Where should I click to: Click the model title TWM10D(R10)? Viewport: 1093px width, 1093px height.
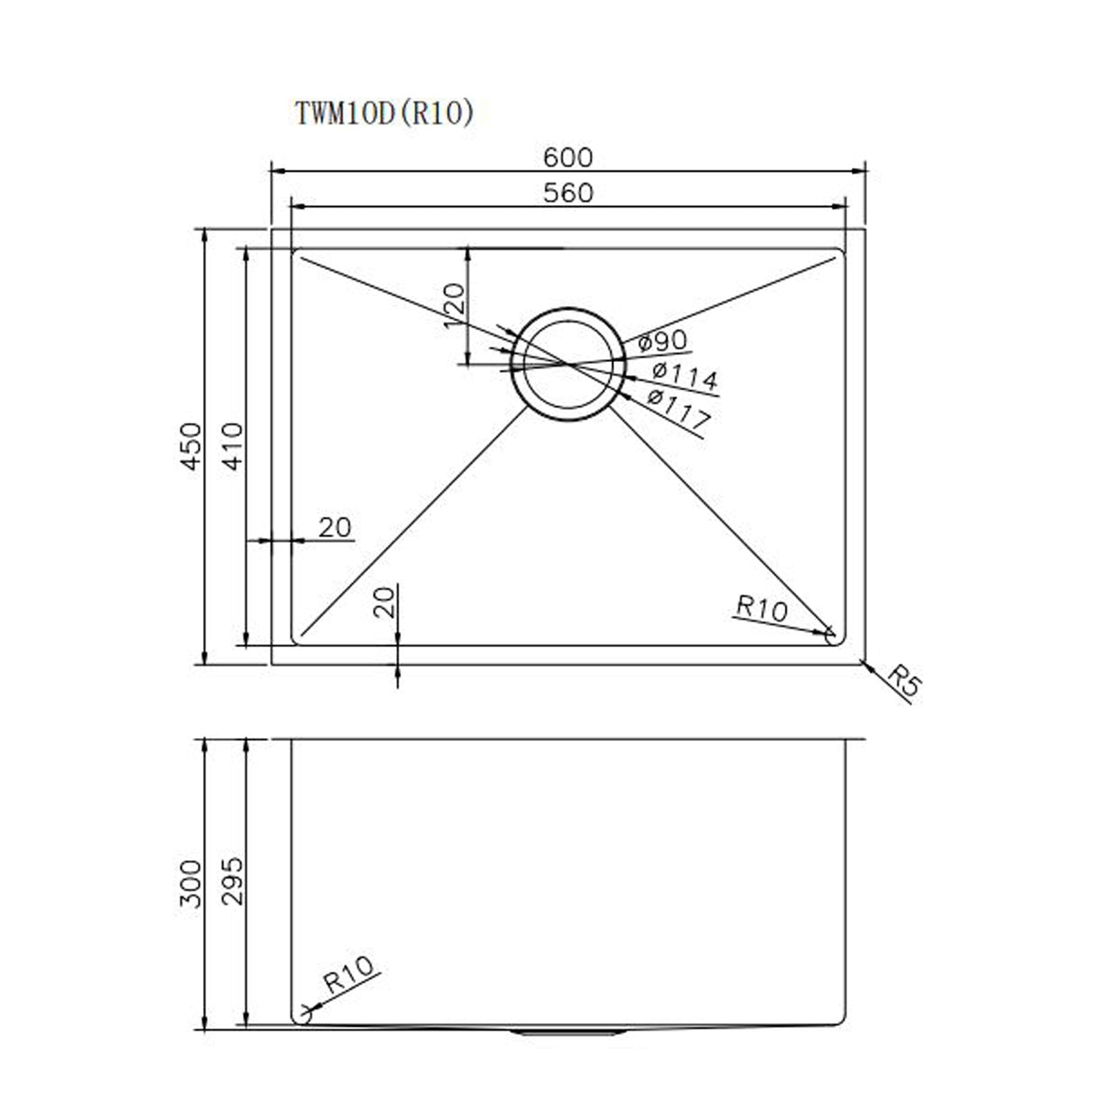tap(384, 113)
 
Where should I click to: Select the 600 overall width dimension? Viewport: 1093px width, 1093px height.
tap(568, 158)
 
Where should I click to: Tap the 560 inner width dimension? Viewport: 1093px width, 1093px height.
tap(568, 193)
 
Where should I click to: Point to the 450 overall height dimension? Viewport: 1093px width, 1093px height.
tap(192, 446)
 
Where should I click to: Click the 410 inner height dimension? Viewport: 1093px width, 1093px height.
tap(233, 446)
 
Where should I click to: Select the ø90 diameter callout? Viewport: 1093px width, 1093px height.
tap(663, 342)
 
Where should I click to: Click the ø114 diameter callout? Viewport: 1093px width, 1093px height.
tap(684, 376)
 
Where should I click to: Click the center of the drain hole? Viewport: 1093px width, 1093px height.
tap(568, 365)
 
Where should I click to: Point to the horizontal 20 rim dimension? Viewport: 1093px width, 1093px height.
tap(335, 527)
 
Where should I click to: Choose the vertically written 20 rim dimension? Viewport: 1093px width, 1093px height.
tap(385, 602)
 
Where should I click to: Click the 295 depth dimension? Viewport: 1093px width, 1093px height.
tap(233, 881)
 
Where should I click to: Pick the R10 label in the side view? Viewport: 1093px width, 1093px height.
tap(348, 975)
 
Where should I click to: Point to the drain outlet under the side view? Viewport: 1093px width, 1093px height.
tap(567, 1051)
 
